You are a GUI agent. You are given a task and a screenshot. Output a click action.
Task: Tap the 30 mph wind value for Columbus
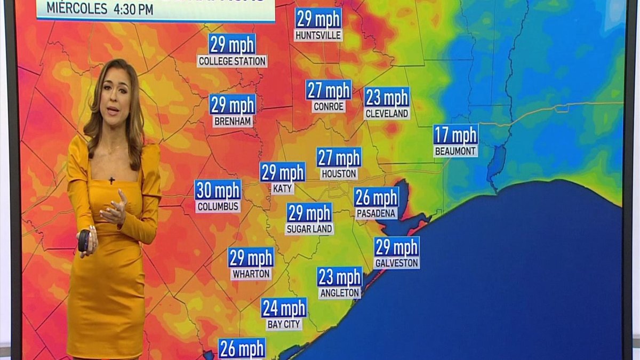point(218,190)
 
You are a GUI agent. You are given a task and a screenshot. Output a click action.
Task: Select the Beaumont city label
point(455,151)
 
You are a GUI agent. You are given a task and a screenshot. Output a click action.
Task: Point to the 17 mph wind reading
point(455,134)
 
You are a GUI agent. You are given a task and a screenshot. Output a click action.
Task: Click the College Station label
point(232,61)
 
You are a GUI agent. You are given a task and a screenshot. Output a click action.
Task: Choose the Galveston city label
point(397,263)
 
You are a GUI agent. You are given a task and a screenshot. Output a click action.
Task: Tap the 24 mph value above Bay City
point(284,308)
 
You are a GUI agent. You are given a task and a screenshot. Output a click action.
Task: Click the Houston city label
point(339,174)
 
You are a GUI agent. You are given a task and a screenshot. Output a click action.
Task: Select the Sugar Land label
point(309,229)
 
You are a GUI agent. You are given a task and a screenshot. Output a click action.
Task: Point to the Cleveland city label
point(387,114)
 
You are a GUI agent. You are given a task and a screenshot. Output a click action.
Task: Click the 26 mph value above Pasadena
point(377,197)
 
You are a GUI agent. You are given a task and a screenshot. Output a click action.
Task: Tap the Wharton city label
point(251,274)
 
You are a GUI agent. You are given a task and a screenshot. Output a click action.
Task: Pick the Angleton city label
point(340,293)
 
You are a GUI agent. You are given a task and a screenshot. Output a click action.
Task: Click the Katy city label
point(282,188)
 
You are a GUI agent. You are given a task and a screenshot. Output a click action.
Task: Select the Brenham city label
point(233,121)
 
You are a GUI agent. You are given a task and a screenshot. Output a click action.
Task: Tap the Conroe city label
point(329,106)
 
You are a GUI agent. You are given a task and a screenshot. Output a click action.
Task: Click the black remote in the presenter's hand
point(84,241)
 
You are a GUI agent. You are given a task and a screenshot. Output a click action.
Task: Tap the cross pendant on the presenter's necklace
point(112,180)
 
